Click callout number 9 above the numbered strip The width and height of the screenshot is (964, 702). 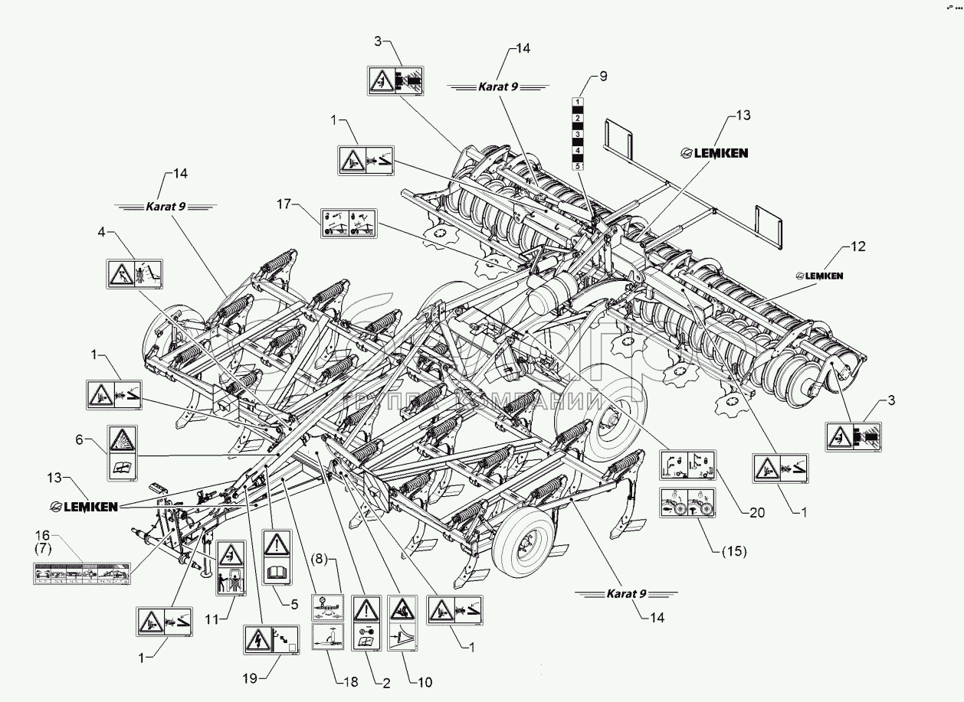tap(602, 76)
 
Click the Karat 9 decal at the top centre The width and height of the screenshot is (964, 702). tap(498, 87)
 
